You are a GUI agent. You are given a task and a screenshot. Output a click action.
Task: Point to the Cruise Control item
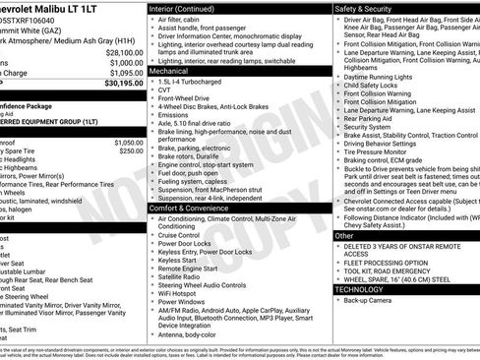click(179, 236)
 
